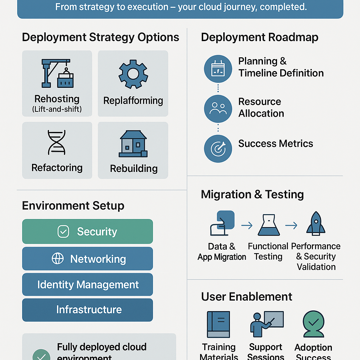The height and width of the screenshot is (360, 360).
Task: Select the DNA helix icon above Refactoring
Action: pyautogui.click(x=57, y=142)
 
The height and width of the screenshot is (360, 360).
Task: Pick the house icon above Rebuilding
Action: pyautogui.click(x=133, y=144)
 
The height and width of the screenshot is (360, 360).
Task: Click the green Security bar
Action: pyautogui.click(x=88, y=231)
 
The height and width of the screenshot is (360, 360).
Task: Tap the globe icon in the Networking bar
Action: pyautogui.click(x=58, y=259)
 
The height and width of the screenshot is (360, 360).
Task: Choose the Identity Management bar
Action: pyautogui.click(x=88, y=284)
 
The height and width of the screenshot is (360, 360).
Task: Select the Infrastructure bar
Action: pyautogui.click(x=88, y=310)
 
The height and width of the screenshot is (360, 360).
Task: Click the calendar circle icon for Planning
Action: pyautogui.click(x=218, y=69)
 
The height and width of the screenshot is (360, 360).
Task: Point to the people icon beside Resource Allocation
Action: pyautogui.click(x=218, y=108)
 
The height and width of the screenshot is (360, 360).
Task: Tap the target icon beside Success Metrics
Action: pyautogui.click(x=218, y=148)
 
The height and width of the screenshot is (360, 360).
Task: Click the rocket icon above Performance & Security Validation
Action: pyautogui.click(x=316, y=223)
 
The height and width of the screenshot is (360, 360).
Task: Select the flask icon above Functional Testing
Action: pyautogui.click(x=269, y=225)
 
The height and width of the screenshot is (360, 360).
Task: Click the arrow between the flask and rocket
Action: pyautogui.click(x=291, y=225)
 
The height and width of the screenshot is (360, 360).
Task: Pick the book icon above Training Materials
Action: pyautogui.click(x=218, y=324)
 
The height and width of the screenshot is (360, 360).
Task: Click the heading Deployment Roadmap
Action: pyautogui.click(x=259, y=37)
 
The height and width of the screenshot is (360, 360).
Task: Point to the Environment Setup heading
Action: pyautogui.click(x=73, y=206)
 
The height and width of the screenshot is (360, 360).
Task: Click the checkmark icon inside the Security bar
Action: pyautogui.click(x=63, y=232)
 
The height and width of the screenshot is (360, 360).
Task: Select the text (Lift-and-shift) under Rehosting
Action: pyautogui.click(x=57, y=109)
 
